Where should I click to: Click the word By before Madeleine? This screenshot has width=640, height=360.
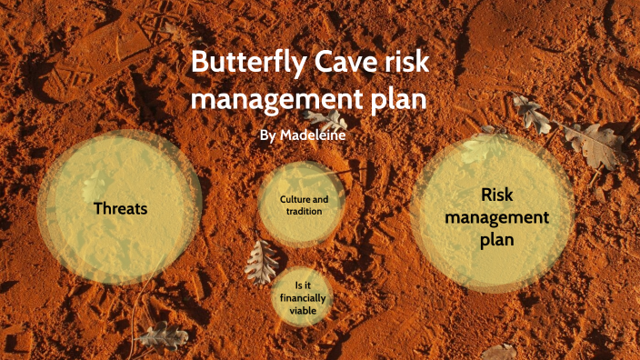tap(267, 135)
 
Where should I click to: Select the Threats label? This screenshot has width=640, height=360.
tap(121, 208)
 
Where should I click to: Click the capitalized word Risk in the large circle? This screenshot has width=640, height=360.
tap(496, 195)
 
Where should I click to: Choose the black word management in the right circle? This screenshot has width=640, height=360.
tap(496, 218)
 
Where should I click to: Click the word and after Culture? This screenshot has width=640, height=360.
tap(325, 198)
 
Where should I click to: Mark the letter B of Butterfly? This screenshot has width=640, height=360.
tap(199, 66)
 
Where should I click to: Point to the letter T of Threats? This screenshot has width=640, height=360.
tap(98, 208)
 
